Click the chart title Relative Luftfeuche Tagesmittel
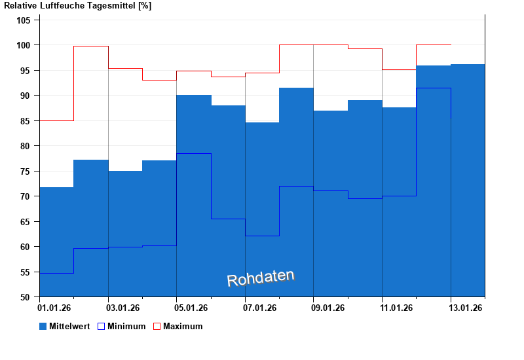point(78,6)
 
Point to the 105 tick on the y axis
point(24,20)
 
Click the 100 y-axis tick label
point(24,45)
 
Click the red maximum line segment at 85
point(56,120)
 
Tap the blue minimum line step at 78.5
point(194,153)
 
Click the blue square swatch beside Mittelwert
point(43,326)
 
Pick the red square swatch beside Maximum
point(157,326)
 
